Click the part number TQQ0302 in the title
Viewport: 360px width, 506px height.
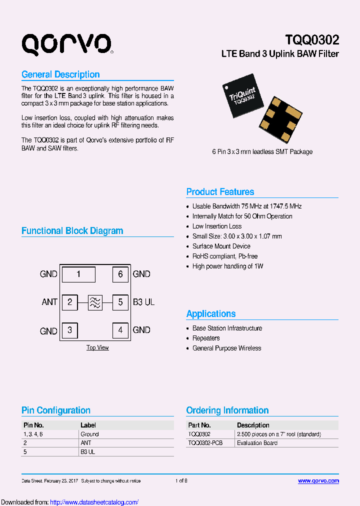tap(311, 40)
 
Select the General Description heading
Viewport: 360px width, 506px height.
tap(60, 74)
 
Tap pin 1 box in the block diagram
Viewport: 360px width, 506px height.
tap(78, 274)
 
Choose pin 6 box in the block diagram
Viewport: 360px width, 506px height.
tap(120, 274)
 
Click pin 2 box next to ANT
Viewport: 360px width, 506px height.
tap(70, 302)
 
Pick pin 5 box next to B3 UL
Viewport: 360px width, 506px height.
tap(120, 302)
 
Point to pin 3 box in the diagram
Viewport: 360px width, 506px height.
tap(70, 330)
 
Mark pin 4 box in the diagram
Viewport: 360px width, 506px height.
tap(120, 330)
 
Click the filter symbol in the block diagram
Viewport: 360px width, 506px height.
tap(95, 302)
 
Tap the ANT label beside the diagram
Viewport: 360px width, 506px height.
tap(49, 302)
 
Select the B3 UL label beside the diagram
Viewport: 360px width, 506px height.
tap(143, 302)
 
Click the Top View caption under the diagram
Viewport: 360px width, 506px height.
tap(97, 347)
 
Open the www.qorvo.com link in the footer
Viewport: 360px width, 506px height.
tap(318, 481)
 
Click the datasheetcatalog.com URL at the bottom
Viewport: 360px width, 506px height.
tap(94, 502)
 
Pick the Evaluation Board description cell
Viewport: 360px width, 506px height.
tap(257, 443)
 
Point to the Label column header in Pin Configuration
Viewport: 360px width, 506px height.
tap(88, 425)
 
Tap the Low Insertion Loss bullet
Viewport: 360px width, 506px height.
tap(217, 226)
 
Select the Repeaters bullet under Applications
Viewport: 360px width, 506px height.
tap(206, 338)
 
